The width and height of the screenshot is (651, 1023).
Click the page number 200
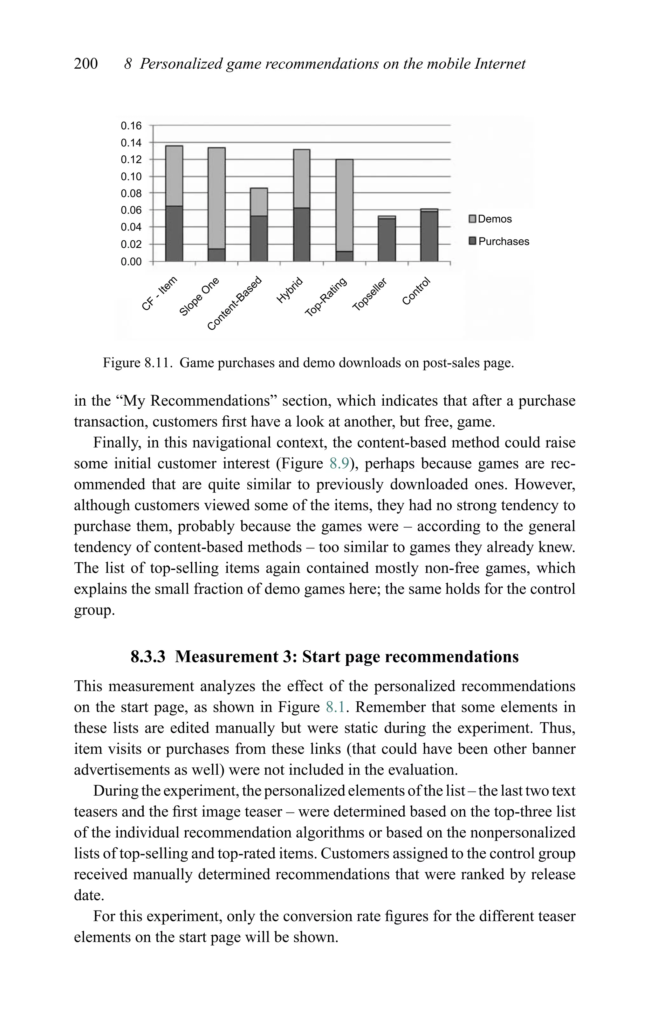click(86, 64)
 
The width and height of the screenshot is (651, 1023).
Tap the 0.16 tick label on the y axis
click(131, 126)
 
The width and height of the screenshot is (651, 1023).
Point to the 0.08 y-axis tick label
click(131, 193)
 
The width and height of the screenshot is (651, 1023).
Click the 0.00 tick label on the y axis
click(131, 262)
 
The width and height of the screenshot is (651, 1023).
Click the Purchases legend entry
click(499, 242)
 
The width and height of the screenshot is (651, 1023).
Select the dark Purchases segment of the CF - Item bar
click(174, 234)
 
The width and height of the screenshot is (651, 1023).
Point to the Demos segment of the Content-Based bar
click(259, 202)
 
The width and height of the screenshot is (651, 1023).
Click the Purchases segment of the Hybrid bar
click(302, 235)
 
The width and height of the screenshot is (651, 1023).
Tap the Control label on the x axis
click(417, 292)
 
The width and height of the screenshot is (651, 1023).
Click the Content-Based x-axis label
click(235, 303)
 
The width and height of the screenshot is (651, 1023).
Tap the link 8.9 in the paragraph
click(339, 463)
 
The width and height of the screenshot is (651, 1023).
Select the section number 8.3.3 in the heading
click(147, 657)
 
